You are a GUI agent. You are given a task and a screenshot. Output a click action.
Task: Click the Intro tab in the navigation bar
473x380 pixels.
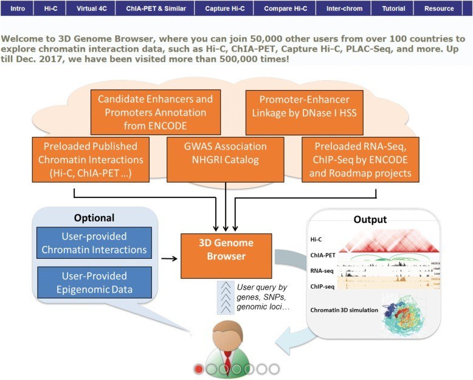point(18,9)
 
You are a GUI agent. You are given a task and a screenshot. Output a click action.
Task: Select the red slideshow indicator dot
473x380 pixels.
point(199,368)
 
